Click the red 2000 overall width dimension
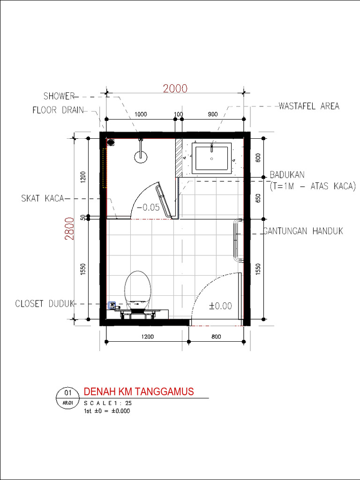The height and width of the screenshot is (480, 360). pos(175,89)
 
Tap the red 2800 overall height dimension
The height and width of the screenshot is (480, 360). pos(69,228)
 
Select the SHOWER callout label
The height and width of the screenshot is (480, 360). pos(59,97)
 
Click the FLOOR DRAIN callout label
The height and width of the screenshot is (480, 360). pos(58,111)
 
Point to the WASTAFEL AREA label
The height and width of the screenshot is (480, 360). pos(309,106)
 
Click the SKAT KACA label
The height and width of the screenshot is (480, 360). pos(42,199)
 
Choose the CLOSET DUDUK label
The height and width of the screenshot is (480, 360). pos(45,303)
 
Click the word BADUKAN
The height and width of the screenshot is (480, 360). pos(287,175)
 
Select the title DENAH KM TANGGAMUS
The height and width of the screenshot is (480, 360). pos(138,392)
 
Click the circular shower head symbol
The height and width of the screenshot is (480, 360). pos(141,156)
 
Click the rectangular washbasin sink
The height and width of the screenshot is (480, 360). pos(212,158)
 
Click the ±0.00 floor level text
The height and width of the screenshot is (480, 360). pos(220,306)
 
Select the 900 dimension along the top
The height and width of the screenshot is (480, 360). pos(212,114)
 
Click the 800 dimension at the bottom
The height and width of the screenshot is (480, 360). pos(216,336)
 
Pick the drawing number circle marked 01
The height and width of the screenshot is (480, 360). pos(67,392)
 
